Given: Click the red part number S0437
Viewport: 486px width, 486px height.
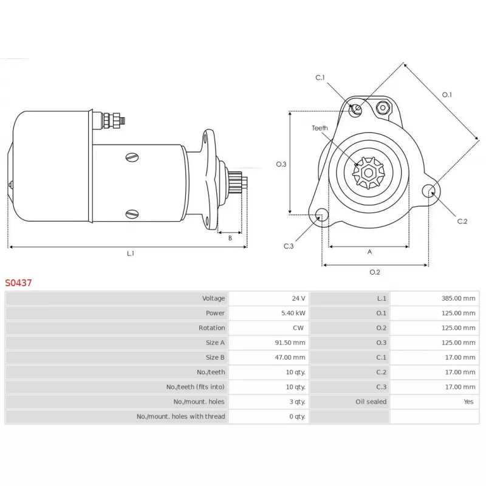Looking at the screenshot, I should (19, 282).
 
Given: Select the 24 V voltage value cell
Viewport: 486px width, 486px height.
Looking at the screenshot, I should (298, 298).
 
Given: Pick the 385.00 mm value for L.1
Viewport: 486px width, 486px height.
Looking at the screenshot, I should (459, 298).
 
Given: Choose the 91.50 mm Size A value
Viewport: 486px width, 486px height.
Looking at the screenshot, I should (290, 343).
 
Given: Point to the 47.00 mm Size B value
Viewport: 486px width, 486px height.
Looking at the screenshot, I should (290, 357).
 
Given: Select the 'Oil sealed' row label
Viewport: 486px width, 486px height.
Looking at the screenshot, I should (371, 402).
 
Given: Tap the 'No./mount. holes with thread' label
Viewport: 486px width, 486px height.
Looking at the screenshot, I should (180, 416).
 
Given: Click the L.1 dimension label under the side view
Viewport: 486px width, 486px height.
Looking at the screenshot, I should (130, 254).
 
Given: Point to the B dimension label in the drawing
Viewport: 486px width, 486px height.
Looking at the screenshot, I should (230, 238).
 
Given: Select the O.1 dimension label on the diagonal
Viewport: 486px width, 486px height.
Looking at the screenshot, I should (447, 94).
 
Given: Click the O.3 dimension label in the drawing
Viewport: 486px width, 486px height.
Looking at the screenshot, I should (281, 164).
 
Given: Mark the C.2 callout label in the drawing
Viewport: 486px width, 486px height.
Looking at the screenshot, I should (462, 221).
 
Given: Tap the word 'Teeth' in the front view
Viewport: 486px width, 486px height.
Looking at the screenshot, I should (320, 128).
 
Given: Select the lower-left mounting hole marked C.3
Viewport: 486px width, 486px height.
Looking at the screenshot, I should (321, 215).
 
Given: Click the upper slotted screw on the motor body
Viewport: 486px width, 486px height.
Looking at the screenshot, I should (132, 157).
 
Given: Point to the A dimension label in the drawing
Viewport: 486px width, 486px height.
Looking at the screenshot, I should (369, 252).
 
